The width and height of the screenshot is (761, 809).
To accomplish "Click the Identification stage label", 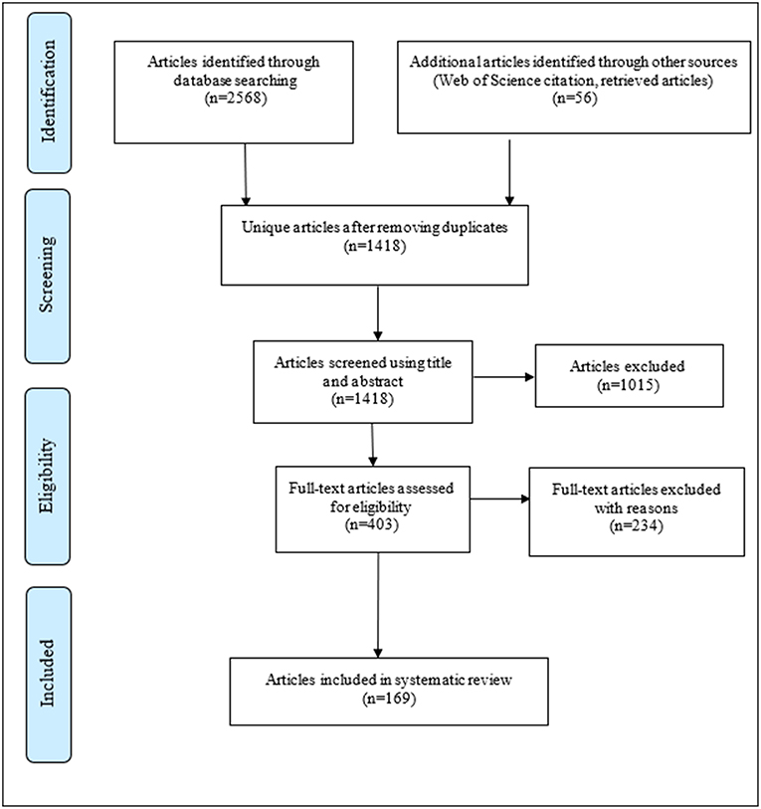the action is tap(48, 92).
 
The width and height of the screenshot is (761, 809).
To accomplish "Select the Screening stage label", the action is tap(47, 274).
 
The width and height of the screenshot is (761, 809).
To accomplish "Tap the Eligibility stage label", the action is tap(47, 476).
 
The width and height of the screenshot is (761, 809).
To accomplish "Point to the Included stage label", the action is tap(47, 673).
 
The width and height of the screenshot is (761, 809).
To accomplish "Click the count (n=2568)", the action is tap(236, 99).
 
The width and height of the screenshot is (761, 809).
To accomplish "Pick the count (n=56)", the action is tap(574, 99).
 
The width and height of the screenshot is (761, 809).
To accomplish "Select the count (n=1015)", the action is tap(628, 385).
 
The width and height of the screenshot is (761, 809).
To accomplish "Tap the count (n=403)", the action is tap(372, 524).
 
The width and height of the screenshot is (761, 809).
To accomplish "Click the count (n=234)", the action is tap(636, 525).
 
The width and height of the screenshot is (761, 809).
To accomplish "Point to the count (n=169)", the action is tap(389, 699).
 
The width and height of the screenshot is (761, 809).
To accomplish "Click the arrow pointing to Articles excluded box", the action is tap(503, 377).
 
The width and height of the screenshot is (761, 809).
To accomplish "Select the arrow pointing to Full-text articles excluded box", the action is tap(500, 499).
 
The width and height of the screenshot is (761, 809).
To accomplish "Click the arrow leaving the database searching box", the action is tap(246, 174).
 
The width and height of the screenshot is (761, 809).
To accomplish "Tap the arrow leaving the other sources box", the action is tap(509, 172).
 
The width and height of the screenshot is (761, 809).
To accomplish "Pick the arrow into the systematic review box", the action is tap(378, 605).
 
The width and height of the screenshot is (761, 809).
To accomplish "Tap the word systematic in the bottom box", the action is tap(425, 680).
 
